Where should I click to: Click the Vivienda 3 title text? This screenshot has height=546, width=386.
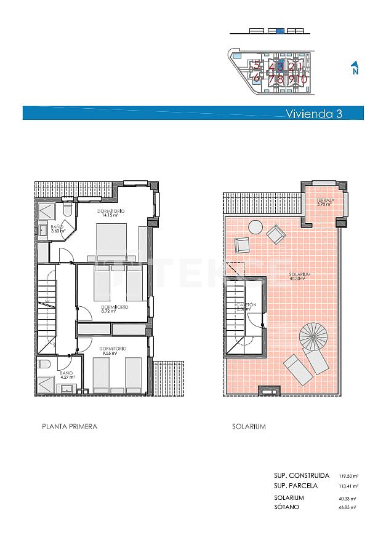(x=314, y=113)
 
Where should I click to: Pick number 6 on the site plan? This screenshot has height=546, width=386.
(x=256, y=78)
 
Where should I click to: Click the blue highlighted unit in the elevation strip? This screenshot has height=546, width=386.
(x=279, y=30)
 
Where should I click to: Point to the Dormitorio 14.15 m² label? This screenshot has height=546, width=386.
(x=111, y=213)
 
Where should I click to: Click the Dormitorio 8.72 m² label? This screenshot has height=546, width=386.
(x=114, y=309)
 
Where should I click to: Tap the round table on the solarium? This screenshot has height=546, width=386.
(x=255, y=228)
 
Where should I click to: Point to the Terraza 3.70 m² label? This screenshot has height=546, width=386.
(x=324, y=203)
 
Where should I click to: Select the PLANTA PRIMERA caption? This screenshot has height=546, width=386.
(x=69, y=426)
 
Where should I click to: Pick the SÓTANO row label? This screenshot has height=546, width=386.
(x=286, y=507)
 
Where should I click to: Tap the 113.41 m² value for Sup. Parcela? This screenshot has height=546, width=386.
(x=348, y=486)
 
